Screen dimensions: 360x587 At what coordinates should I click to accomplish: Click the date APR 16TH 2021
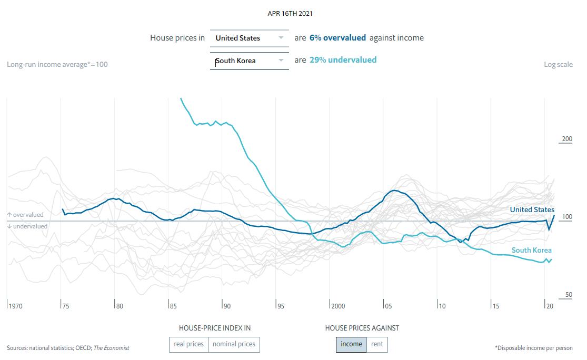click(x=293, y=13)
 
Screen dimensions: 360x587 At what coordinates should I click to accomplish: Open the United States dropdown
click(x=250, y=38)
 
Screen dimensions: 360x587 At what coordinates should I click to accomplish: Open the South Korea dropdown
click(x=250, y=61)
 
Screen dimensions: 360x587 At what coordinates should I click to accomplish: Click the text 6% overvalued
click(x=337, y=38)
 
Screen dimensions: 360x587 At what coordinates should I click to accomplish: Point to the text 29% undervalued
click(x=343, y=60)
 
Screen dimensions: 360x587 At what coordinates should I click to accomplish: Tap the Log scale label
click(x=558, y=64)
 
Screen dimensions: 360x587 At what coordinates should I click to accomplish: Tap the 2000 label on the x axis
click(x=338, y=306)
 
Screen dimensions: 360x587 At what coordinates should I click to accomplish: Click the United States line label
click(x=532, y=209)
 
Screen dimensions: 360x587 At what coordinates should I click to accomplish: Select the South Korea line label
click(x=532, y=250)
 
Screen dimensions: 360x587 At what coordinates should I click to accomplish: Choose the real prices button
click(x=188, y=344)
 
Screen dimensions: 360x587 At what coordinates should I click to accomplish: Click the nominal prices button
click(x=233, y=344)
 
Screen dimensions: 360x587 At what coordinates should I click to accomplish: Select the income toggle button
click(x=351, y=344)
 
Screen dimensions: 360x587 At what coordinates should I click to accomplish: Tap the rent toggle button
click(x=377, y=344)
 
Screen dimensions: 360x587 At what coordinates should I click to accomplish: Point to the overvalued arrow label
click(x=25, y=215)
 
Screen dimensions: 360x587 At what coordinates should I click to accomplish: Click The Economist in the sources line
click(x=111, y=348)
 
